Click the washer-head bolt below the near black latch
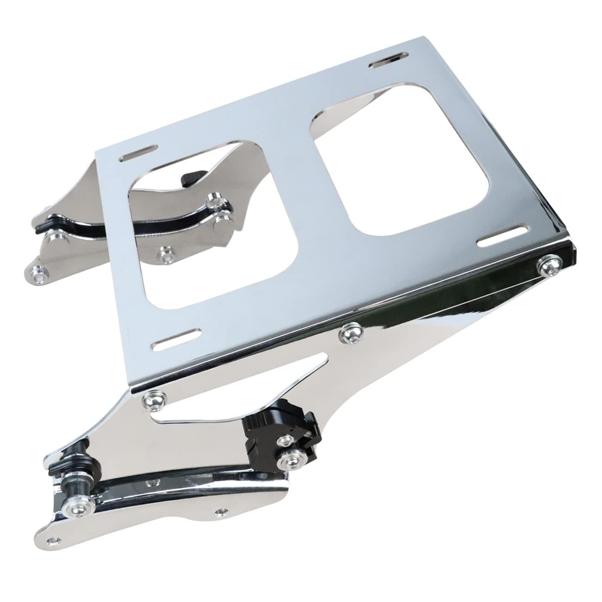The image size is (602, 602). (x=288, y=461)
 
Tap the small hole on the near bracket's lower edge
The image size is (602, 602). (x=221, y=513)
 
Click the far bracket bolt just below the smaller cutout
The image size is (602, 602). (x=165, y=254)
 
